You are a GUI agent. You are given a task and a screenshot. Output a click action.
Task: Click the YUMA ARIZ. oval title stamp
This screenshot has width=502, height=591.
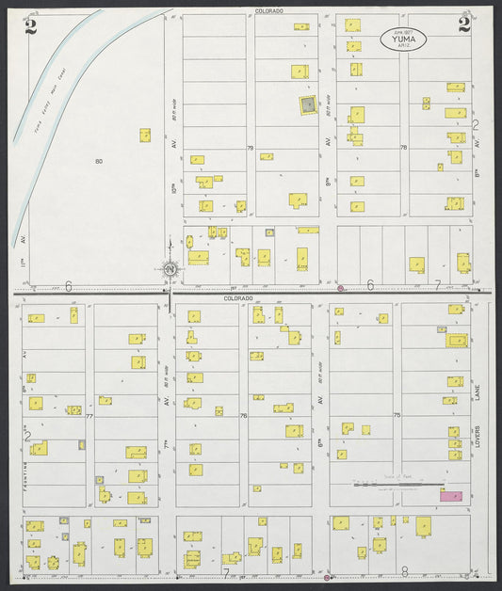coord(403,38)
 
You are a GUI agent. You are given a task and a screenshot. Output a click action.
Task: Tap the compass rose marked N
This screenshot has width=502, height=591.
coord(170,270)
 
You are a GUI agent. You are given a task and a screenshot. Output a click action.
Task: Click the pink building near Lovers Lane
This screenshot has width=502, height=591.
coord(451,495)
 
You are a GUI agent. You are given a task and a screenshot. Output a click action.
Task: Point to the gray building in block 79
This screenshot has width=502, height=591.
coord(307,104)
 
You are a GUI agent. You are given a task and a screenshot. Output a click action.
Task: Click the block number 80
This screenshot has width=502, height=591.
coord(98,162)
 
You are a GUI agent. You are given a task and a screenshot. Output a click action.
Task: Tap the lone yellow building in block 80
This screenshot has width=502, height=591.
coord(145,136)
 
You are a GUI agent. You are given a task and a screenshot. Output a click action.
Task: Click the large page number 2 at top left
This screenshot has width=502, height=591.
coord(32,25)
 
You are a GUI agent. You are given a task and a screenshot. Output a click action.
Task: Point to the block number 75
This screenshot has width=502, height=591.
coord(397,415)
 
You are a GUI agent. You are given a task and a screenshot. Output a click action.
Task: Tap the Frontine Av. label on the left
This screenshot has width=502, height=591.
coord(21,461)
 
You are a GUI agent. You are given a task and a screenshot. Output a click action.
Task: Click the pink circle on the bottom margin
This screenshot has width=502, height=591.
coord(326,579)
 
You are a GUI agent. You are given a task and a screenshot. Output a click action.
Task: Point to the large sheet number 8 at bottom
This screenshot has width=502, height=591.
coord(405,571)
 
